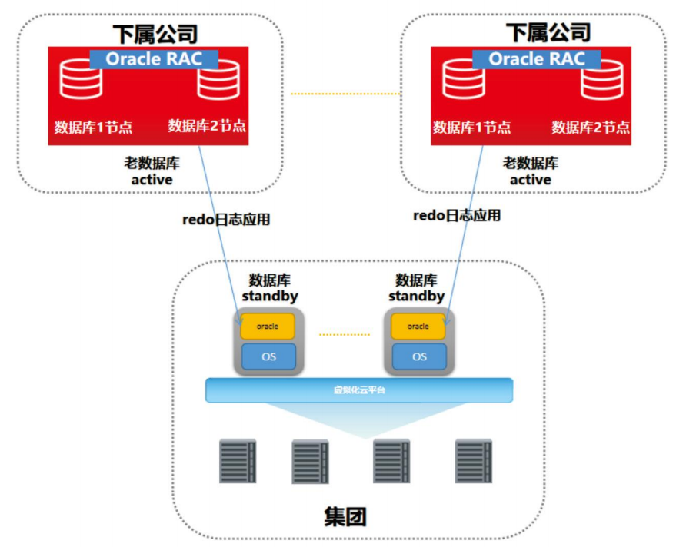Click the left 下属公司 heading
(155, 33)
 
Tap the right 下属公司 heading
(548, 33)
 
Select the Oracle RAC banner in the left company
(154, 59)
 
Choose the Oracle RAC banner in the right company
(537, 59)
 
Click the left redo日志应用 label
(226, 220)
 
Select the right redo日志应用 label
(457, 216)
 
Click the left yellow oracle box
(268, 327)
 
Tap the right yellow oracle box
(418, 327)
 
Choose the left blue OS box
(268, 356)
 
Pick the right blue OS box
(419, 356)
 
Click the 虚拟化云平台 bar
(359, 390)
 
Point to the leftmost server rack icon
(238, 461)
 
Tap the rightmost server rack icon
(473, 461)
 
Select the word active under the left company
(152, 180)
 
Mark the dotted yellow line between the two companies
(345, 94)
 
